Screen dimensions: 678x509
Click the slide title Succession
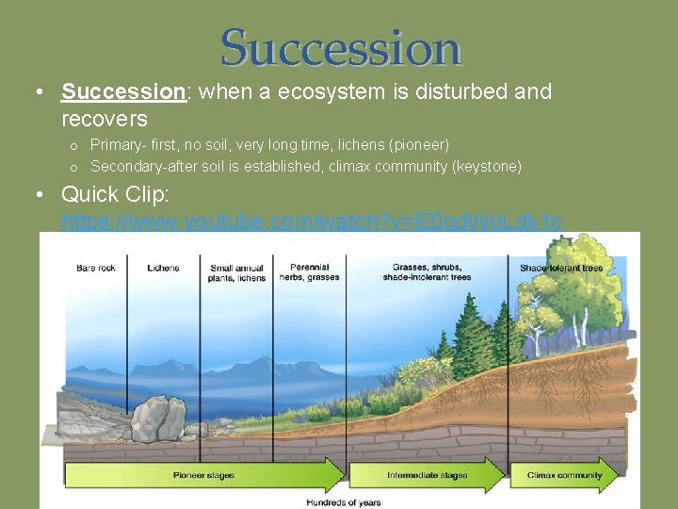[x=341, y=47]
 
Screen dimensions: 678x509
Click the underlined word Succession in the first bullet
[x=122, y=91]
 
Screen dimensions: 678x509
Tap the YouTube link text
[x=312, y=222]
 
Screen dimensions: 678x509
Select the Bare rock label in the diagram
[x=96, y=268]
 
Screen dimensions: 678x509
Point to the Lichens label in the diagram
[x=163, y=268]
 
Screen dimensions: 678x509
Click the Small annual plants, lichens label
[x=237, y=272]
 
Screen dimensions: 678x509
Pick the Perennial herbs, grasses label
[x=310, y=271]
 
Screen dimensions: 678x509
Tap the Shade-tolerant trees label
[x=561, y=268]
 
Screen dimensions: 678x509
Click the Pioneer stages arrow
[x=202, y=475]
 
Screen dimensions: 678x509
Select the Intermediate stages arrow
[x=428, y=475]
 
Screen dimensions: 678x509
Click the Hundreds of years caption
[x=343, y=502]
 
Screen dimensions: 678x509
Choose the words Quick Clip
[x=104, y=194]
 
